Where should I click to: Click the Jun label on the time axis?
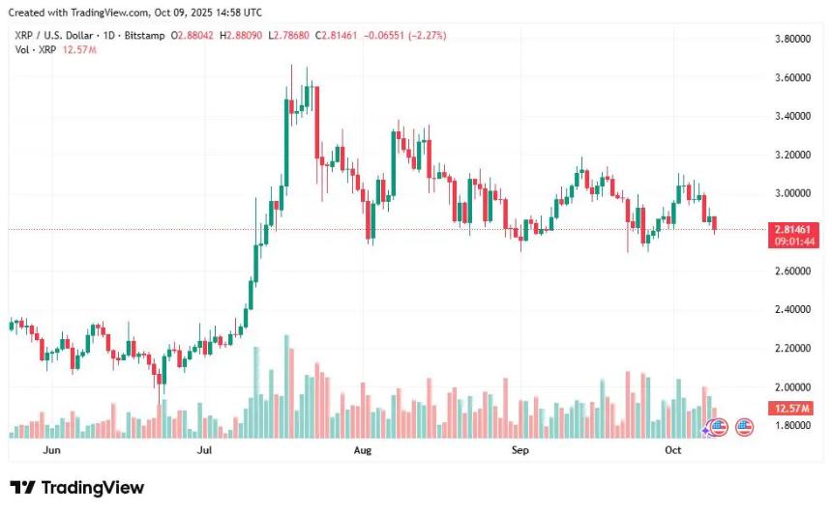point(52,450)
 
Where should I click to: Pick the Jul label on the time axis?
point(204,450)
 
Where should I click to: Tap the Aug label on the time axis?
point(363,450)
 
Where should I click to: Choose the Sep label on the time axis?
point(520,450)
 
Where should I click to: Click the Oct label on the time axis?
point(673,450)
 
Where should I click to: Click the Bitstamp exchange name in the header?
point(144,36)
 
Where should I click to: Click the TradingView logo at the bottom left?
point(76,488)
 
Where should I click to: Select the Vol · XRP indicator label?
point(33,49)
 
